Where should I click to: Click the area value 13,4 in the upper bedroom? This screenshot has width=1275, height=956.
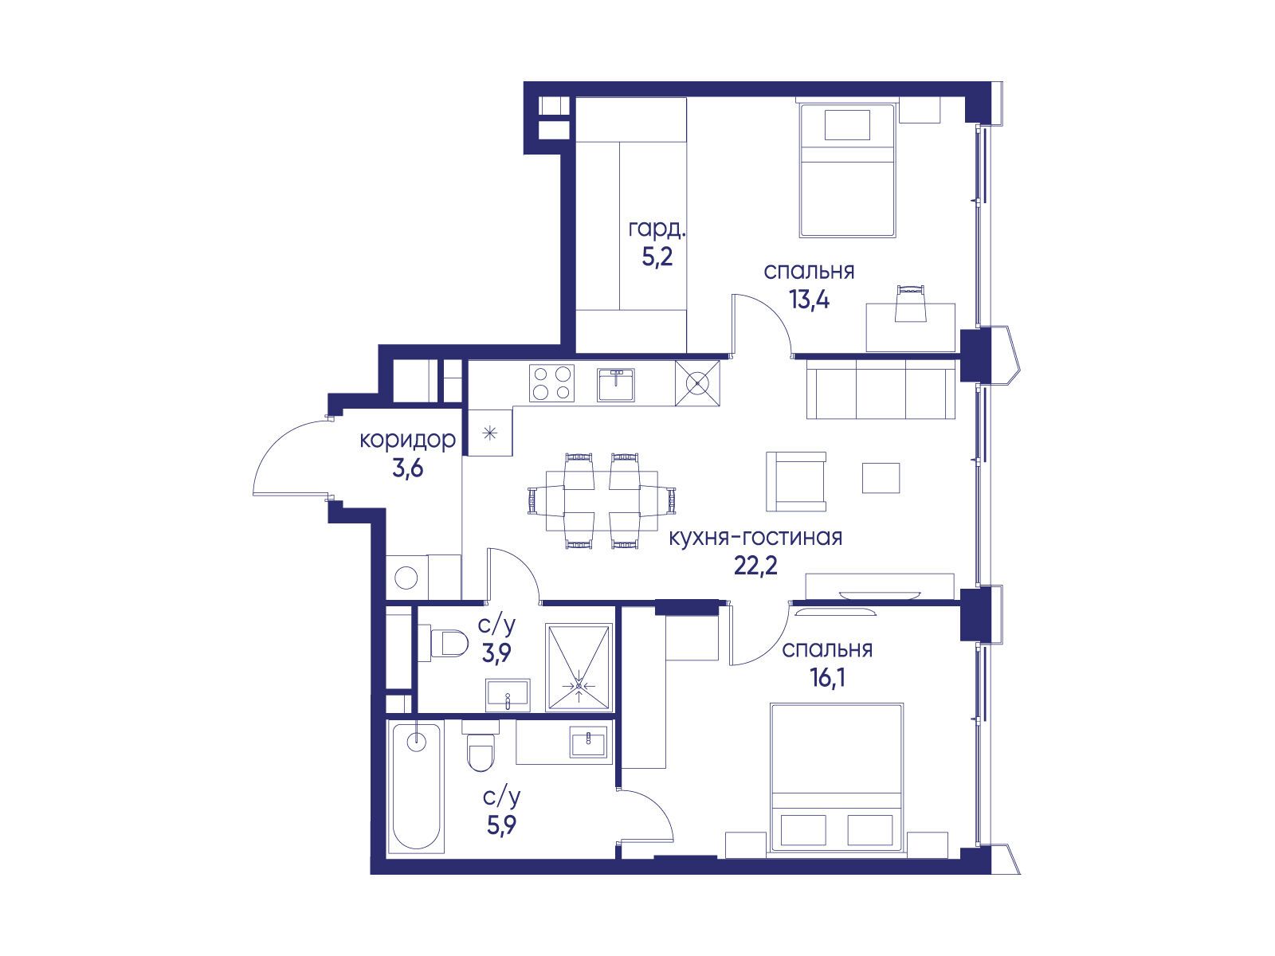click(x=809, y=300)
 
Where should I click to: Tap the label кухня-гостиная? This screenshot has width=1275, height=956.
click(x=755, y=538)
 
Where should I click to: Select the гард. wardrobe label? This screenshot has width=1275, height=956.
click(x=657, y=230)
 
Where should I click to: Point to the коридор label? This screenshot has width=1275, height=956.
click(x=408, y=440)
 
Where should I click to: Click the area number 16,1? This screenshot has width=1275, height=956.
click(x=827, y=677)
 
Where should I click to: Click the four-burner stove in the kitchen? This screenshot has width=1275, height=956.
click(x=551, y=383)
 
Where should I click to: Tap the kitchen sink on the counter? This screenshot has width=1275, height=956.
click(x=616, y=385)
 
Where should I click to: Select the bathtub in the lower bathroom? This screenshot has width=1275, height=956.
click(x=416, y=788)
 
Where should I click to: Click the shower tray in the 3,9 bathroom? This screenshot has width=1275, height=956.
click(x=579, y=667)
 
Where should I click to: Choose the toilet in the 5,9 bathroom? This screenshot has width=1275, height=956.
click(x=481, y=746)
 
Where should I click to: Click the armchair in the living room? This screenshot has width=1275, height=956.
click(x=796, y=482)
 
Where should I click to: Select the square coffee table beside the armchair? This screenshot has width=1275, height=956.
click(x=881, y=478)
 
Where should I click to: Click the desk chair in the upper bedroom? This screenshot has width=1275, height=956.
click(x=910, y=303)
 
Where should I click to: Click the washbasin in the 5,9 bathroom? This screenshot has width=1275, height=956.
click(x=588, y=742)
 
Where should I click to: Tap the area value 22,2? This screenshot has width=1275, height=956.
click(x=755, y=565)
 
